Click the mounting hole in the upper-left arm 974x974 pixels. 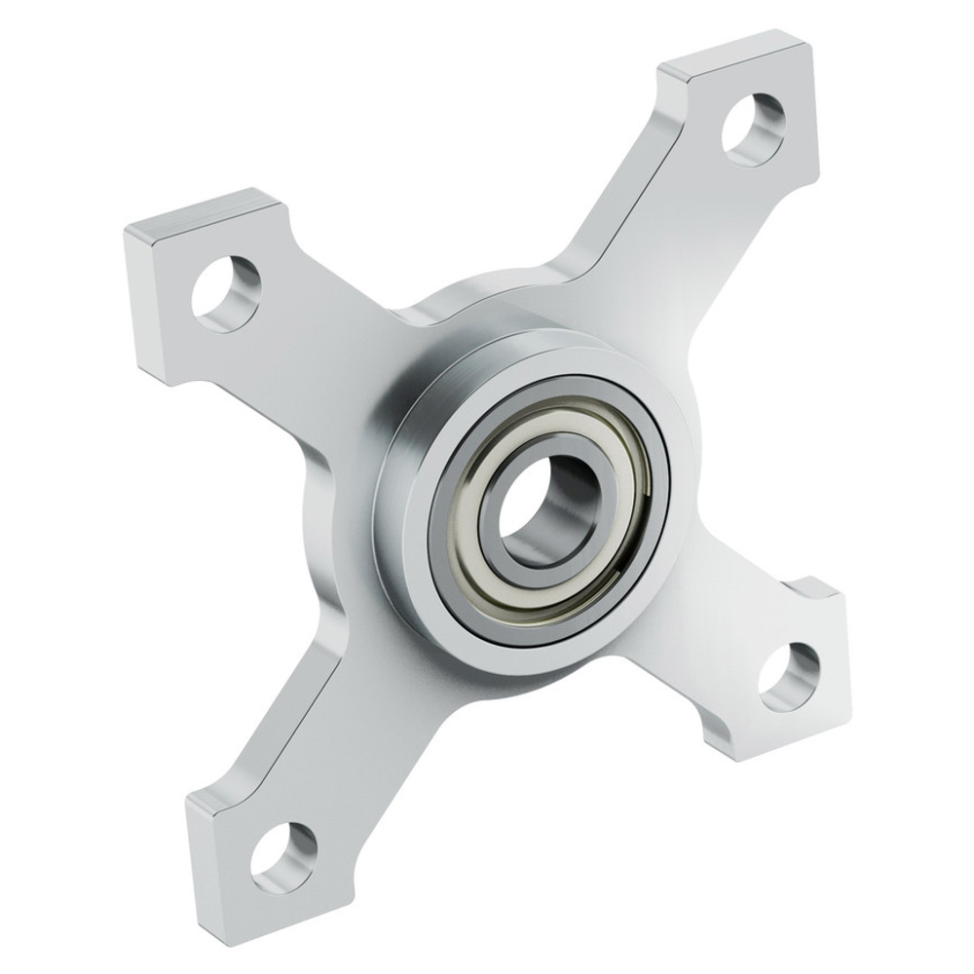coord(226,292)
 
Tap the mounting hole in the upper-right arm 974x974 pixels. coord(753,129)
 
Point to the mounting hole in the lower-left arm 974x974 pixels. coord(283,853)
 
